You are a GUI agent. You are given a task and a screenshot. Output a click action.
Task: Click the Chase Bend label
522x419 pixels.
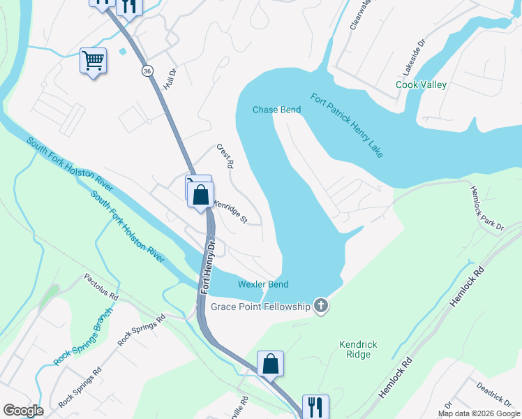click(x=276, y=110)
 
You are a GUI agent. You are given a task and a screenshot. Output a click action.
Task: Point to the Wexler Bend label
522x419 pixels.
click(x=263, y=284)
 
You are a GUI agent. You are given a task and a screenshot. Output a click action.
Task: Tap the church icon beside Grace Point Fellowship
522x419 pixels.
click(x=320, y=305)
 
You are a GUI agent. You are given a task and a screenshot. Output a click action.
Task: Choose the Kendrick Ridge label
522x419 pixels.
click(x=358, y=350)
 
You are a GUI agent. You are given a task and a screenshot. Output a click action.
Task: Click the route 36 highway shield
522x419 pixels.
click(x=147, y=71)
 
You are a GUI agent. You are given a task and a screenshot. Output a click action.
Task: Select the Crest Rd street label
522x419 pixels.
click(x=224, y=157)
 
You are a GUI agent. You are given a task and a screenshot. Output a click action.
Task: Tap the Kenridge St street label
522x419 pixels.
click(x=231, y=212)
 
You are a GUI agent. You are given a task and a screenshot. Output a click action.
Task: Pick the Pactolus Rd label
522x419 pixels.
click(x=102, y=286)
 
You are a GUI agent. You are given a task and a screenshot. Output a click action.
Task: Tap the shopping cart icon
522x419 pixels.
click(x=92, y=61)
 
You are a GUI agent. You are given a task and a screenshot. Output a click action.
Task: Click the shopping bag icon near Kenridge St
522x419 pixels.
click(x=201, y=195)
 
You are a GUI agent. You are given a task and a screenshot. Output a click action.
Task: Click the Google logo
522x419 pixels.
click(x=22, y=411)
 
